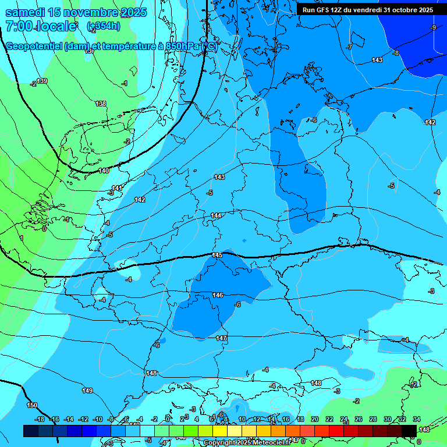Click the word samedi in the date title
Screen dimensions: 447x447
[x=28, y=12]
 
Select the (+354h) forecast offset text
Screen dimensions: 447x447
[x=104, y=26]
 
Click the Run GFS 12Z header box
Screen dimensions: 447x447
[x=367, y=10]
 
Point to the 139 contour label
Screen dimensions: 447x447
[x=42, y=81]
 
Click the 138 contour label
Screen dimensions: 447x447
[x=101, y=104]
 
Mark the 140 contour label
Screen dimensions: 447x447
[x=104, y=171]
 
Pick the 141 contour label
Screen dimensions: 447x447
[x=117, y=188]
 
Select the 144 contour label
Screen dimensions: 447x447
[x=216, y=215]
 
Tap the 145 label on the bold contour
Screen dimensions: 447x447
[x=217, y=256]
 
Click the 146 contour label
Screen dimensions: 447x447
[x=217, y=295]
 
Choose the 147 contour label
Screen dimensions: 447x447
[x=221, y=338]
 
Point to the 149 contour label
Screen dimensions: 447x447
[x=87, y=391]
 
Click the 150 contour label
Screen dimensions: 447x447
[x=32, y=405]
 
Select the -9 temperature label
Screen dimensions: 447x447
[x=433, y=27]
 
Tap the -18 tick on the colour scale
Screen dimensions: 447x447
[x=40, y=419]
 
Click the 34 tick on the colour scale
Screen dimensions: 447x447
[x=417, y=419]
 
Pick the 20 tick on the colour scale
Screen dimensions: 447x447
[x=315, y=419]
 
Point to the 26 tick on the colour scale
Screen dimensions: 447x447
[x=358, y=419]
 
